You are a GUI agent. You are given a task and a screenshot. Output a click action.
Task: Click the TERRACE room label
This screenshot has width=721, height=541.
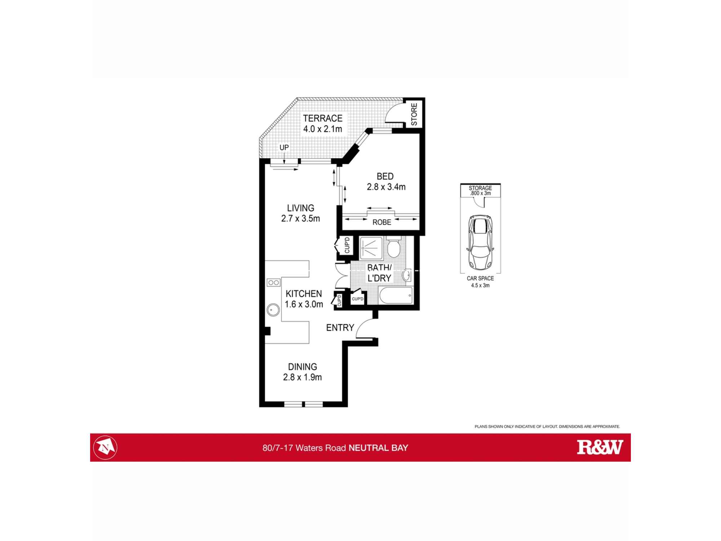[322, 118]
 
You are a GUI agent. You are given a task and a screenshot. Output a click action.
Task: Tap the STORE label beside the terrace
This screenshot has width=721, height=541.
[414, 114]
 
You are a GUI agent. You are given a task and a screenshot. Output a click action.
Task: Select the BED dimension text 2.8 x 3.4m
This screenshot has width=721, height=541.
[386, 187]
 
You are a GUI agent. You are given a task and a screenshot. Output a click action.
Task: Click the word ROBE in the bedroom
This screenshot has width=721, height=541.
[382, 223]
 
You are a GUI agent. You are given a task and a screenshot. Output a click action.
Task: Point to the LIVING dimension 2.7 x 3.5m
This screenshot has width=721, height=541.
[301, 219]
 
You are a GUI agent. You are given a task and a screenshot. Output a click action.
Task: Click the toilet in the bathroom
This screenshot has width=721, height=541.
[393, 248]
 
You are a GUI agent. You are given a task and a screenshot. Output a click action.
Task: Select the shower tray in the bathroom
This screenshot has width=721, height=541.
[371, 248]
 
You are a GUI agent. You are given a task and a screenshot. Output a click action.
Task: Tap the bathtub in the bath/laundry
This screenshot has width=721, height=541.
[395, 296]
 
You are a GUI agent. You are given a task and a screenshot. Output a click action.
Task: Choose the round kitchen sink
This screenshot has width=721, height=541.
[273, 310]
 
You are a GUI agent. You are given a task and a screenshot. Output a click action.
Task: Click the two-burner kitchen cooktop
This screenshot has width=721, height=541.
[273, 283]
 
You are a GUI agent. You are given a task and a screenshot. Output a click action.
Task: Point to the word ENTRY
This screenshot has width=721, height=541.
[340, 327]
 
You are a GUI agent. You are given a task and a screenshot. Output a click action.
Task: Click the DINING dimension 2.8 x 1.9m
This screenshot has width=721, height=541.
[302, 378]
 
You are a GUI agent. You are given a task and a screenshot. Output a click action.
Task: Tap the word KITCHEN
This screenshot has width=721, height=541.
[304, 294]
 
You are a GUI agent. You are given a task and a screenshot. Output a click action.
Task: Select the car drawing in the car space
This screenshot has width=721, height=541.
[480, 242]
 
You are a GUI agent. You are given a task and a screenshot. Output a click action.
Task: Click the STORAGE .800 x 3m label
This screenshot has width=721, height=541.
[480, 190]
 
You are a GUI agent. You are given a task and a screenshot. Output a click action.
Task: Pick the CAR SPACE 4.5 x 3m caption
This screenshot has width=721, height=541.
[480, 282]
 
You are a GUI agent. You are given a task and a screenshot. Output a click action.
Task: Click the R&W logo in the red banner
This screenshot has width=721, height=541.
[600, 447]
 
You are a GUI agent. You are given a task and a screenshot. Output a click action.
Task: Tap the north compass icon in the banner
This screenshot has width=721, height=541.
[105, 448]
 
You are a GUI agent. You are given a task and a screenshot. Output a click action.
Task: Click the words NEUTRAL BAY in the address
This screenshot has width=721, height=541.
[378, 448]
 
